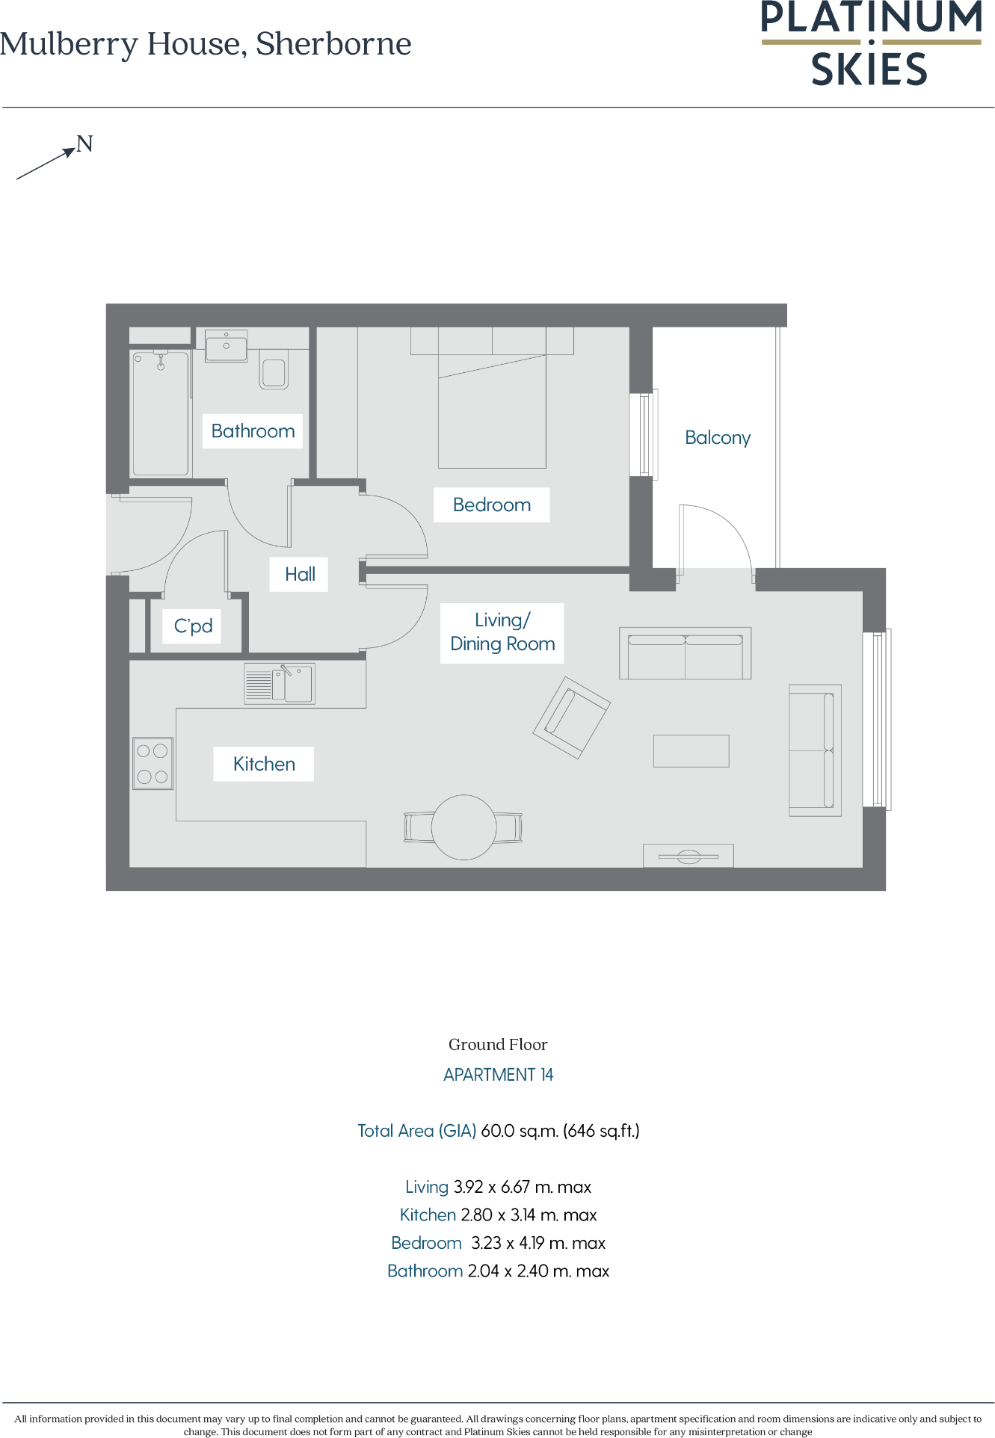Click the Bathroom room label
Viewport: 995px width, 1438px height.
253,431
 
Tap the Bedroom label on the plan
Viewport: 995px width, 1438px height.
491,505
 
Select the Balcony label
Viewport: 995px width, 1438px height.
718,438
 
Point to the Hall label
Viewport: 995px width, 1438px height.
300,575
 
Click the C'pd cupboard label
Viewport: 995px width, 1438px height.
193,626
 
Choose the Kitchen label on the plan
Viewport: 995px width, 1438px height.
264,764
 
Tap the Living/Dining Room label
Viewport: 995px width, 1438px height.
502,632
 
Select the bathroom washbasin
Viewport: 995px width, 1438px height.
226,347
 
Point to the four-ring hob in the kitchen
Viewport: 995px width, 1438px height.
153,763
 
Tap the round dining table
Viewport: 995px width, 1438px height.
463,827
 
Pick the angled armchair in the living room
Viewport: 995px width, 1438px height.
572,718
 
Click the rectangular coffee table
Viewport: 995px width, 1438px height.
691,750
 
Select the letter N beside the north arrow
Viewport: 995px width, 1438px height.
85,144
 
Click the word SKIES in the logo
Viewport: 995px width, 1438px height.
869,70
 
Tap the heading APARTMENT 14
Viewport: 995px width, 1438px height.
498,1075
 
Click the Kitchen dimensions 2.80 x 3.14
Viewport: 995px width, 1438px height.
529,1215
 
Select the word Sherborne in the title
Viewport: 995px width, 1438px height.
333,44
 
